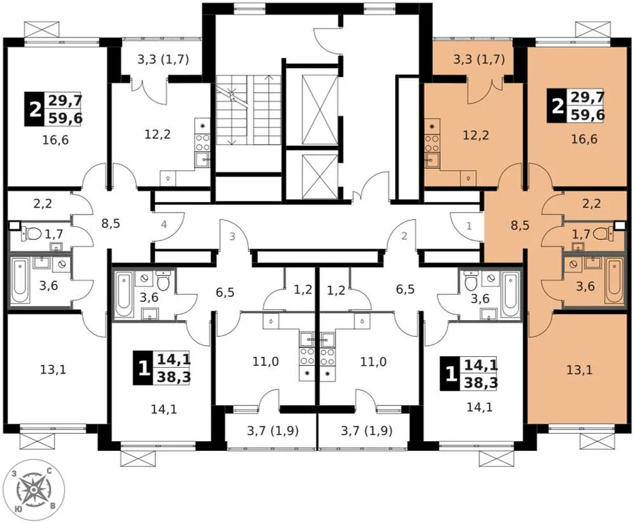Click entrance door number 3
232,236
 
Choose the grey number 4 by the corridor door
163,224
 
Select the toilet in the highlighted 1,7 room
601,234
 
